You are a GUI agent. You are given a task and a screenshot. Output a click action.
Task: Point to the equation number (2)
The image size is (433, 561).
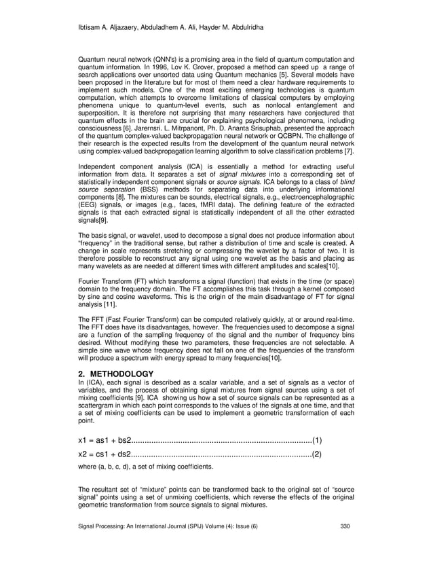coord(317,454)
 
